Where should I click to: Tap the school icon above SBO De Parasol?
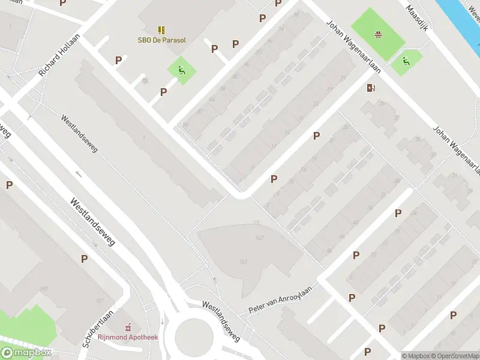tap(161, 29)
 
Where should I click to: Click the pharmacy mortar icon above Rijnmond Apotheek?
tap(128, 328)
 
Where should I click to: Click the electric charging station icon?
tap(371, 89)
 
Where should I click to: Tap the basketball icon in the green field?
tap(378, 34)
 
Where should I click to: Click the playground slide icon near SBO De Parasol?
tap(181, 70)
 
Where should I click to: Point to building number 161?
tap(244, 261)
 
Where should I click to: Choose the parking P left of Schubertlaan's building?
tap(85, 259)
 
